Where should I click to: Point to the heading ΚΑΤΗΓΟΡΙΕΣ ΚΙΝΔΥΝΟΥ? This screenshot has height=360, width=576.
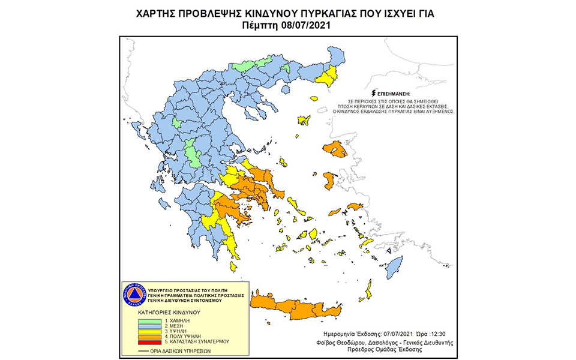166,313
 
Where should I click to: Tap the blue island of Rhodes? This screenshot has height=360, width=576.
394,266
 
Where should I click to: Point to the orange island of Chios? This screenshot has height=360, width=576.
329,179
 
